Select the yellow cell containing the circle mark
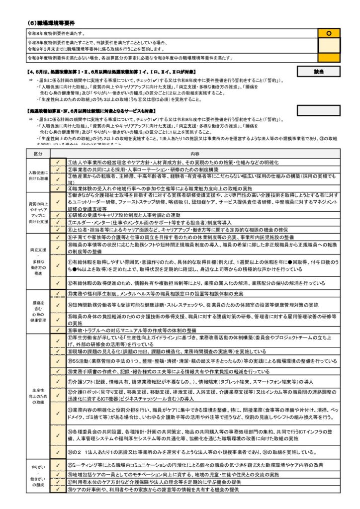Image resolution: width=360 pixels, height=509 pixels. point(328,33)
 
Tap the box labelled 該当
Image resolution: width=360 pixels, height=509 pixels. point(319,72)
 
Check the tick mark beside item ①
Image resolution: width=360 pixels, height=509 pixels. point(57,163)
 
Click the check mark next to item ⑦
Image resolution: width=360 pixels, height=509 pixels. point(57,222)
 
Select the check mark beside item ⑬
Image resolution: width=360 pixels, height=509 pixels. point(57,294)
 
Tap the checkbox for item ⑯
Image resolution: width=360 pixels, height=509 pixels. point(57,330)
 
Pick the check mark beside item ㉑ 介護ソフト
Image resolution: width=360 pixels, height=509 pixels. point(57,382)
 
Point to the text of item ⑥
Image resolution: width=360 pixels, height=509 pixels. point(124,215)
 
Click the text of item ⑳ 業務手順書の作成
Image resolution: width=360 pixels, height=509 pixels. point(169,371)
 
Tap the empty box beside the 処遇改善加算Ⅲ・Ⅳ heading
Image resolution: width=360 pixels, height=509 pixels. point(319,109)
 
